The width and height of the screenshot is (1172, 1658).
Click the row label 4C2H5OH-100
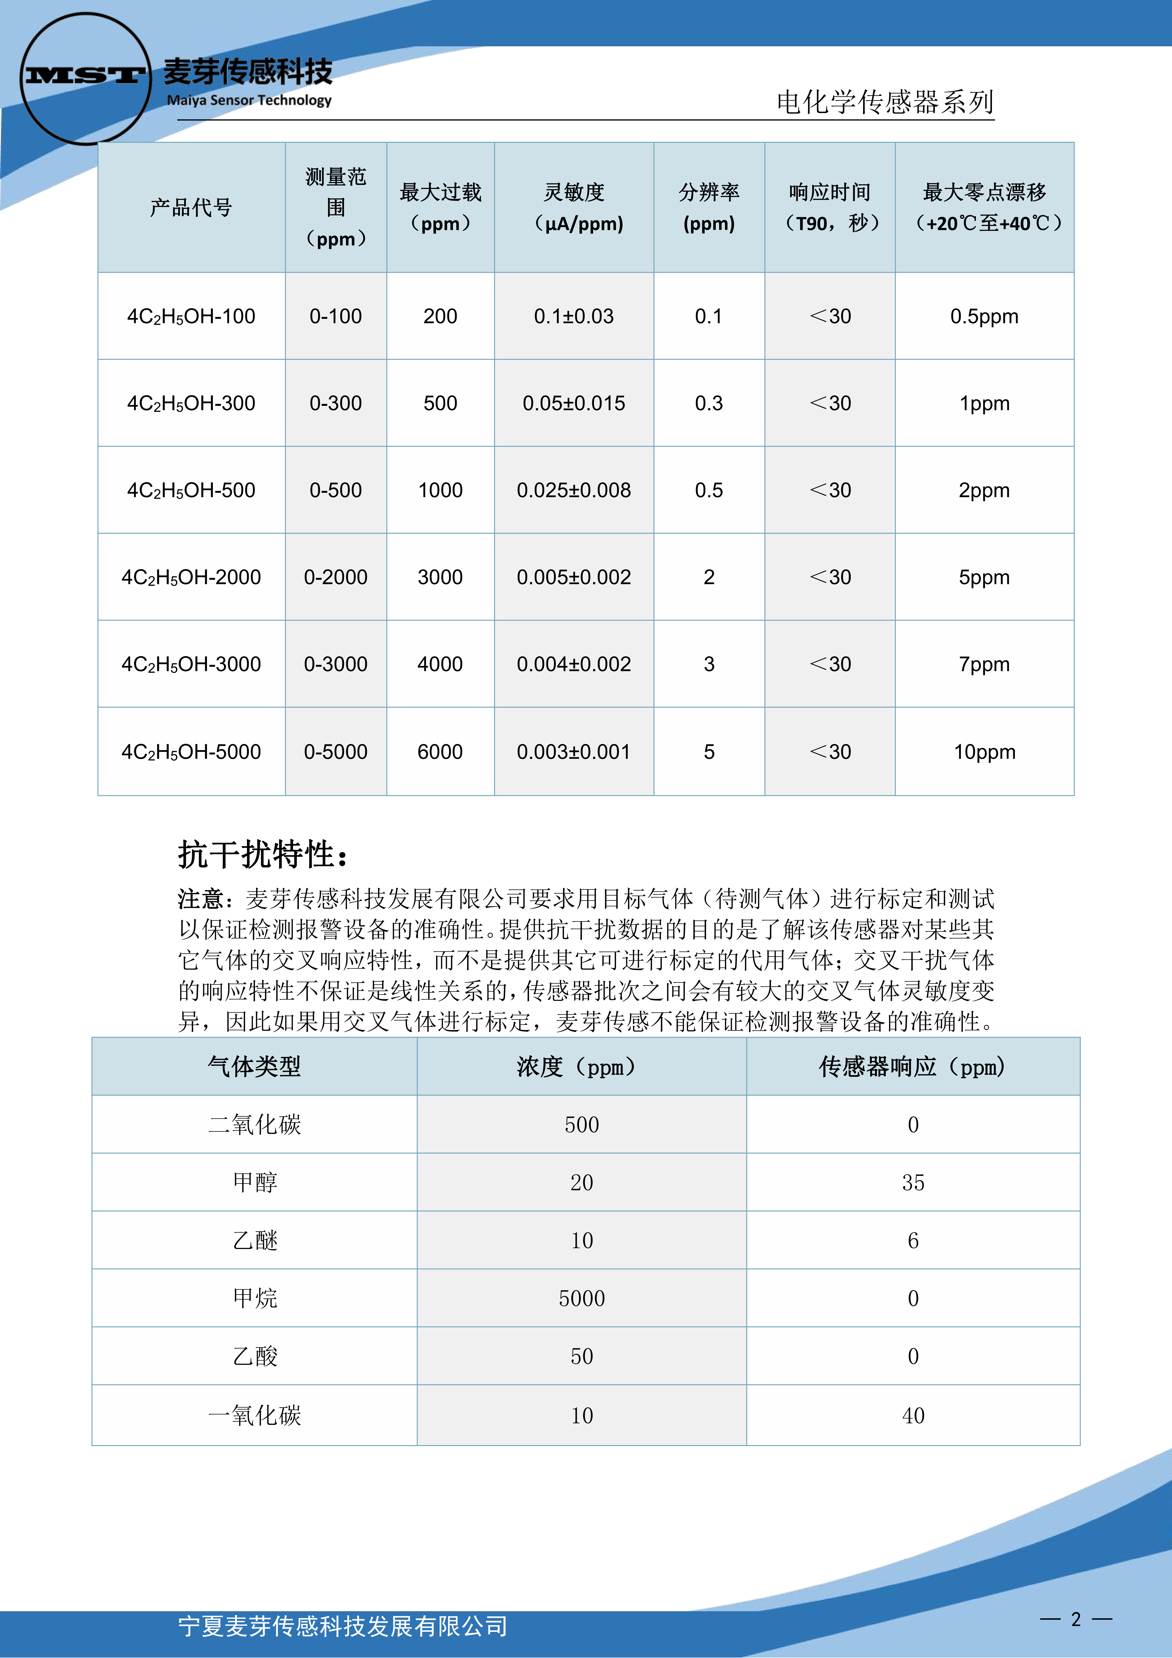coord(191,316)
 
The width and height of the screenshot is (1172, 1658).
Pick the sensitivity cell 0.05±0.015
coord(574,403)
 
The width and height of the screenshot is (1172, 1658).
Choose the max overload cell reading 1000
coord(440,490)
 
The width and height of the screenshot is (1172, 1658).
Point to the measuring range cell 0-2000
coord(336,577)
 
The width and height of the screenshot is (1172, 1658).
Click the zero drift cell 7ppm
coord(984,664)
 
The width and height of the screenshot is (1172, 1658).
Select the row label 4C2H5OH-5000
coord(191,752)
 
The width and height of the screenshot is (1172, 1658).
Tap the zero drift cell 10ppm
coord(984,752)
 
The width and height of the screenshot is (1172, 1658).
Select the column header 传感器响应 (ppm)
coord(913,1067)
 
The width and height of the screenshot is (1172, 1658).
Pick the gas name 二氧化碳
coord(254,1124)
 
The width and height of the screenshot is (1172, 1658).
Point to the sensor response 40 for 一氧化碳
coord(913,1415)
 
